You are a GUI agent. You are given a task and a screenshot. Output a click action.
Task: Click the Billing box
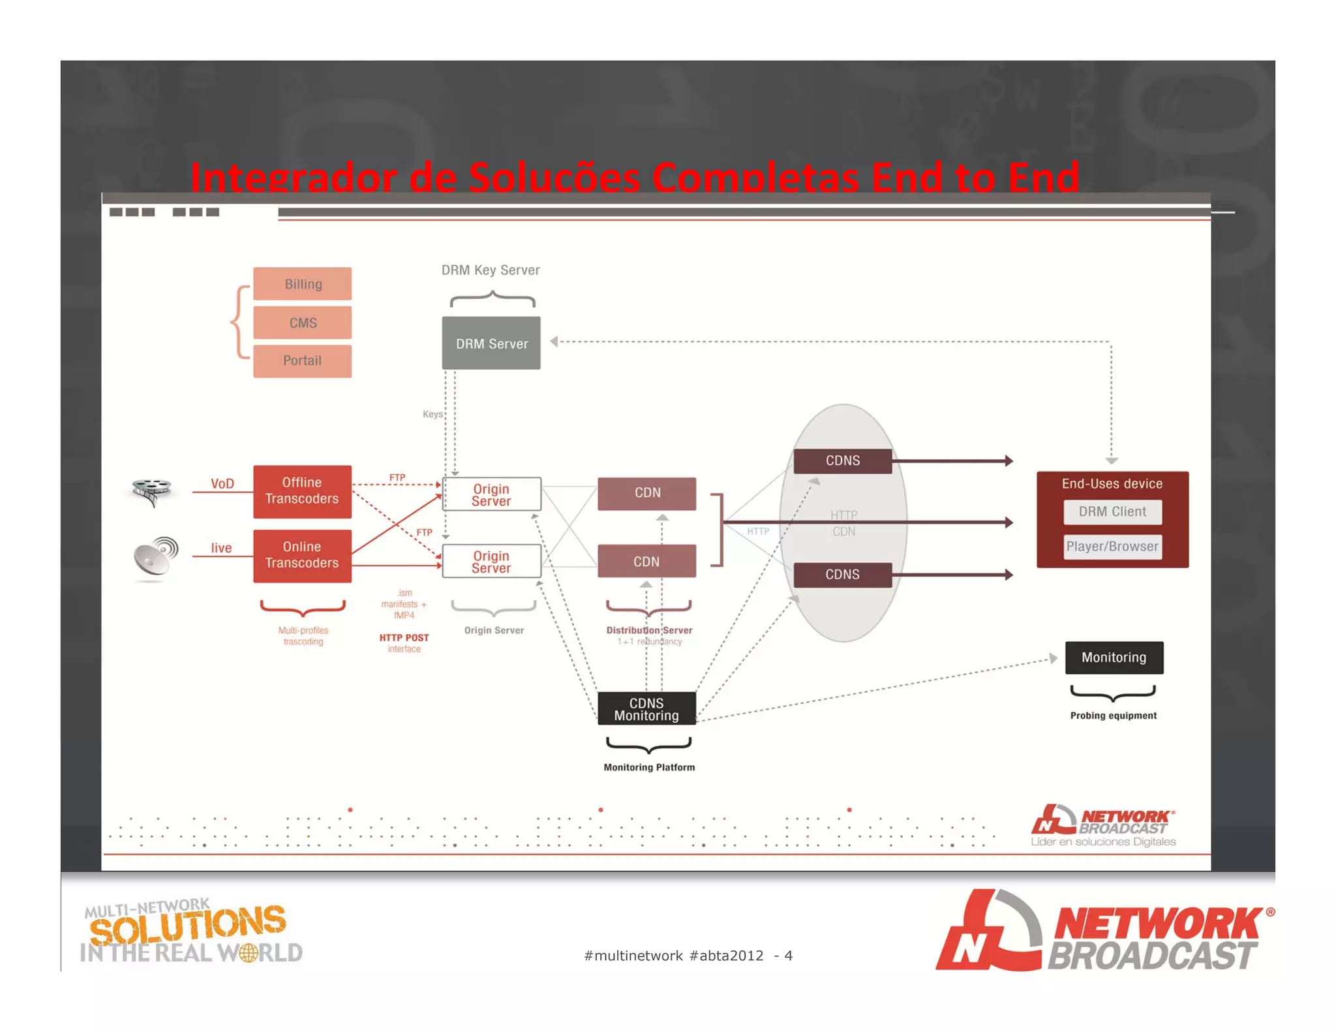tap(302, 284)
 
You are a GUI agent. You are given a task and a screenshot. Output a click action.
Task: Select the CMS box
tap(302, 323)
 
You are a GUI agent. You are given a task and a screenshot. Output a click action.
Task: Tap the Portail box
tap(302, 361)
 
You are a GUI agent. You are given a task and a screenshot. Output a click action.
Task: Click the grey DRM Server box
tap(491, 343)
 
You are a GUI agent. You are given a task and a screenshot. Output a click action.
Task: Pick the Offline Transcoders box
tap(302, 491)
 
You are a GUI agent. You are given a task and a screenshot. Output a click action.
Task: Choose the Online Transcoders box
tap(302, 555)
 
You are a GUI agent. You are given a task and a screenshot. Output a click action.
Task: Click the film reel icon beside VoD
tap(151, 491)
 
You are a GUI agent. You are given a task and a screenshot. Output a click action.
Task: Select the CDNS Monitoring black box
tap(646, 709)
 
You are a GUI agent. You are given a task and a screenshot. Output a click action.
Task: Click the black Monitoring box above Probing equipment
tap(1114, 658)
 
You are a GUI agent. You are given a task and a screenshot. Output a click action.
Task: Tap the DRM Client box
tap(1112, 512)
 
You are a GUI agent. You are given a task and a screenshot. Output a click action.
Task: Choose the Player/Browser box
tap(1112, 547)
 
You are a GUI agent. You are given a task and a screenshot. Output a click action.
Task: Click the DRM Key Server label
tap(491, 270)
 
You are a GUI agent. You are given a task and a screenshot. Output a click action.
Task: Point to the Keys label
tap(433, 414)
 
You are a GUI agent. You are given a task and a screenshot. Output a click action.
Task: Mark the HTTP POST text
tap(404, 638)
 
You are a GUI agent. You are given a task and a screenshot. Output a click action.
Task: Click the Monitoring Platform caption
tap(649, 768)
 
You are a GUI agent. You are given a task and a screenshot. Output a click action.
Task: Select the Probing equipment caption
tap(1113, 716)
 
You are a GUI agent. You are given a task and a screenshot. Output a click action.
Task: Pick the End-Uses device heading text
tap(1112, 484)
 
